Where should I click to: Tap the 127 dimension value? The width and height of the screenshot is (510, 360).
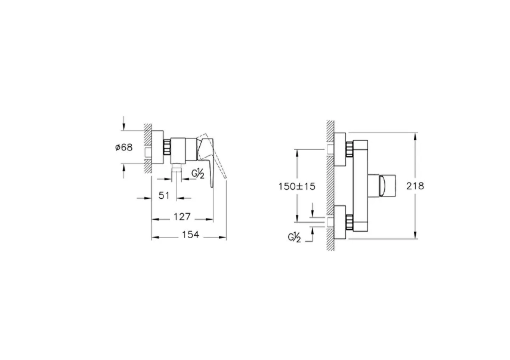coord(182,217)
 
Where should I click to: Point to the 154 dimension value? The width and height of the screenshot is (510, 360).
coord(190,234)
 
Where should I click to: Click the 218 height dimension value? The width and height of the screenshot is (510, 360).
coord(415,186)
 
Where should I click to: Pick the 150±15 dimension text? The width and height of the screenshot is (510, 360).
coord(296,186)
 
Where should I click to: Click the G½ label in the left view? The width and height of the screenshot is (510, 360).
coord(198,173)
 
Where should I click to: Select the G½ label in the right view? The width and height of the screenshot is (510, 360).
coord(295,238)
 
